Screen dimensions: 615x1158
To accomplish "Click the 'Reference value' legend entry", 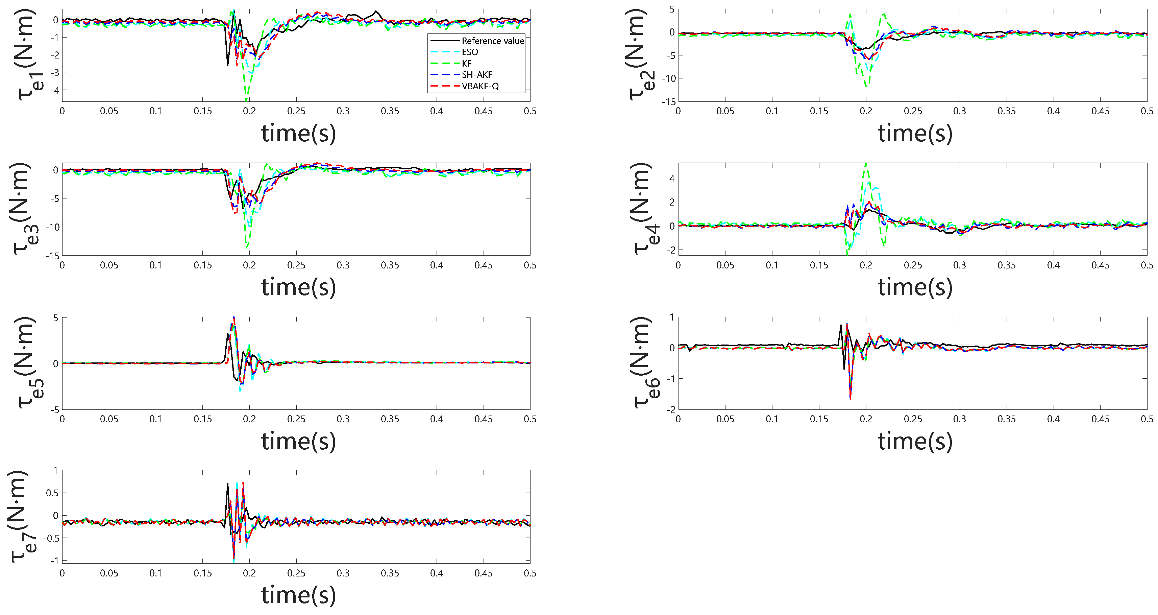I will (x=492, y=41).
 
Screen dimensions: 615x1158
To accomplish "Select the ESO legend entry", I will (x=469, y=52).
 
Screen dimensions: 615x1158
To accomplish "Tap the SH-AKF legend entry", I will (x=476, y=75).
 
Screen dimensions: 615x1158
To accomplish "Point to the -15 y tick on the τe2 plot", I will (x=668, y=102).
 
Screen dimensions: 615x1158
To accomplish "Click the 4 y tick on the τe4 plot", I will (x=672, y=179).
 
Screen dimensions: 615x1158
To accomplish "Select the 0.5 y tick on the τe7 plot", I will (x=52, y=493).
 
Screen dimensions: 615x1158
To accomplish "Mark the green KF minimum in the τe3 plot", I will (x=247, y=247).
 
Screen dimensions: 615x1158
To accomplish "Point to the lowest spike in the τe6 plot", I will (x=850, y=399).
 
